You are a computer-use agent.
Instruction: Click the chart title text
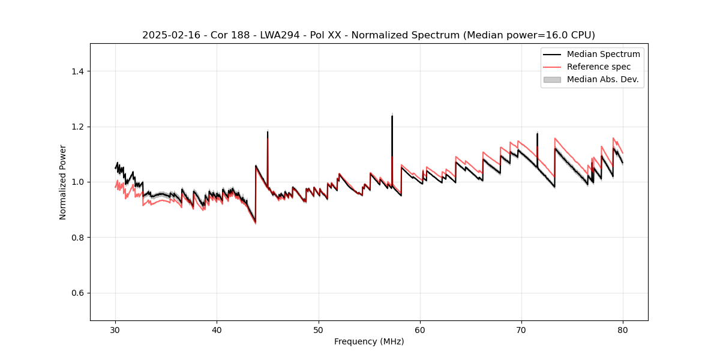[368, 35]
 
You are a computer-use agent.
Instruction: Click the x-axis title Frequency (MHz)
[369, 341]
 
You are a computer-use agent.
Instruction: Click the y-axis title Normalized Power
[63, 182]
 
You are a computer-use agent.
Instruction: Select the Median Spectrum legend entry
[603, 54]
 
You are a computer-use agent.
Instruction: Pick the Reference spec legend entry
[598, 67]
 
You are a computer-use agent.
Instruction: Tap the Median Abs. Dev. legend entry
[602, 79]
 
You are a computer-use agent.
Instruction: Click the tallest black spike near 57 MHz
[392, 116]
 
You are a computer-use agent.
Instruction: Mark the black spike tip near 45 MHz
[268, 132]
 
